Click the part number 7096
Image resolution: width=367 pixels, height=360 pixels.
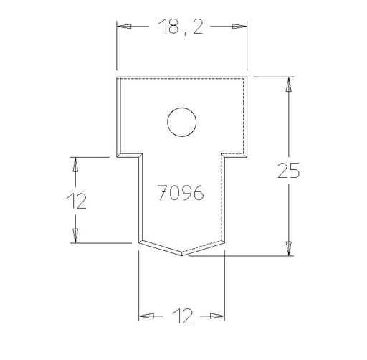181,192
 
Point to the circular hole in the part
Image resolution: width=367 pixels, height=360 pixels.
182,122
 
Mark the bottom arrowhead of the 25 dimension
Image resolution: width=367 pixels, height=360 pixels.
288,247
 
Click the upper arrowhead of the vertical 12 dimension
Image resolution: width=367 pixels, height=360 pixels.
74,164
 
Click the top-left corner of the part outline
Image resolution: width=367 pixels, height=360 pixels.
118,75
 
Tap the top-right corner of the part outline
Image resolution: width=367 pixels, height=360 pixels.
247,75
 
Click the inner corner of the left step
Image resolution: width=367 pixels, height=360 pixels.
139,154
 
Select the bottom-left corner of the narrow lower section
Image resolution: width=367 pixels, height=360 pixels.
139,241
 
